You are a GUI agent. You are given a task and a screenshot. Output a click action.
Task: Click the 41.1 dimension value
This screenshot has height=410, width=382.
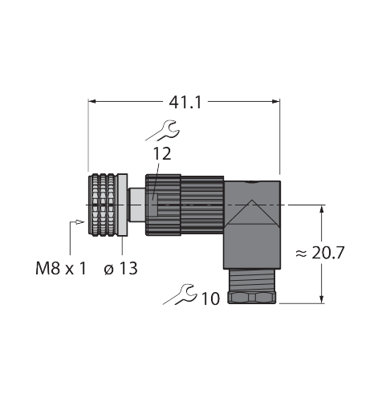(x=185, y=103)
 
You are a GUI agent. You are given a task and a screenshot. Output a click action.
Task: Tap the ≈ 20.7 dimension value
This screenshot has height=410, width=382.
(x=320, y=253)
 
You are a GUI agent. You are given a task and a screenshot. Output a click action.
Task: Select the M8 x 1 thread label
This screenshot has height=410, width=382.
(x=61, y=268)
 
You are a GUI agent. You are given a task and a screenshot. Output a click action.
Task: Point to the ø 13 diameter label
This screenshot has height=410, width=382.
(x=120, y=268)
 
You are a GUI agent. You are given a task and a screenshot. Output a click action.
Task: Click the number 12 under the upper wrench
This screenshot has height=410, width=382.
(x=161, y=154)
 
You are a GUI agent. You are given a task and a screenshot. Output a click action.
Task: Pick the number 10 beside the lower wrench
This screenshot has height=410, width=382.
(x=210, y=298)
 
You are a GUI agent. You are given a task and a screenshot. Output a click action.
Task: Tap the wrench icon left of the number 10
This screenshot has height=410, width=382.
(x=181, y=294)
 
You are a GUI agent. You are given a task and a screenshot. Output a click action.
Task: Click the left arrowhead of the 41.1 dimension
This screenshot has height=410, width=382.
(x=92, y=101)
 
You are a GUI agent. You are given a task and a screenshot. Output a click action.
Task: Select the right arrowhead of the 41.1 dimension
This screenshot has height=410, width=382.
(x=276, y=101)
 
